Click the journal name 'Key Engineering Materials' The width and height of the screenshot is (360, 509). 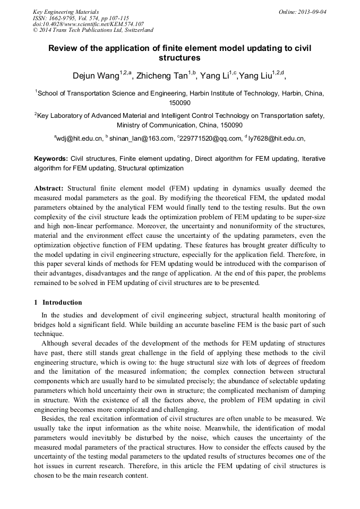point(66,11)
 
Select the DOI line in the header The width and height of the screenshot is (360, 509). point(88,24)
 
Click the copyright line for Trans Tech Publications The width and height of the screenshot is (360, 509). point(93,30)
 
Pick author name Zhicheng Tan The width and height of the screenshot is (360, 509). point(162,76)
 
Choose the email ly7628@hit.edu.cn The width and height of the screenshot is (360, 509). point(276,139)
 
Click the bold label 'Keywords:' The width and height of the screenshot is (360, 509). point(51,159)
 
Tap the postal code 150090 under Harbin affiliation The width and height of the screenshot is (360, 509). point(179,102)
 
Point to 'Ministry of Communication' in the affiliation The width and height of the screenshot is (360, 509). point(156,125)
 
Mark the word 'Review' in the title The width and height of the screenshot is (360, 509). point(64,48)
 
